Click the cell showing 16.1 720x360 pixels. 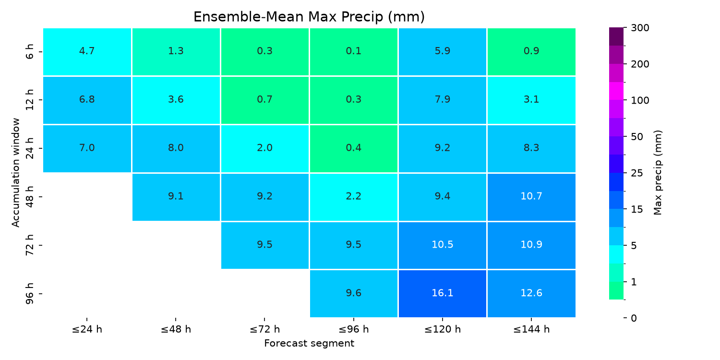(x=442, y=293)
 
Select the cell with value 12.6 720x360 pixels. (x=531, y=293)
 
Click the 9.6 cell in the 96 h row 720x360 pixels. (x=354, y=293)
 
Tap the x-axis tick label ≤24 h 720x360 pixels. (x=87, y=329)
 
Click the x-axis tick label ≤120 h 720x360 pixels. (x=442, y=329)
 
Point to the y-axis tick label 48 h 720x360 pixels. (x=30, y=196)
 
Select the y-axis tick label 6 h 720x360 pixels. (x=30, y=52)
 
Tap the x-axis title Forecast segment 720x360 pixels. (x=309, y=343)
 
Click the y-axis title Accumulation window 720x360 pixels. (x=15, y=173)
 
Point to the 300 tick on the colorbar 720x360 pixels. (x=640, y=28)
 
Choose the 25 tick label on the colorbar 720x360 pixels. (x=637, y=173)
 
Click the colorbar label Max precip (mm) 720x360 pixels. (x=658, y=173)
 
